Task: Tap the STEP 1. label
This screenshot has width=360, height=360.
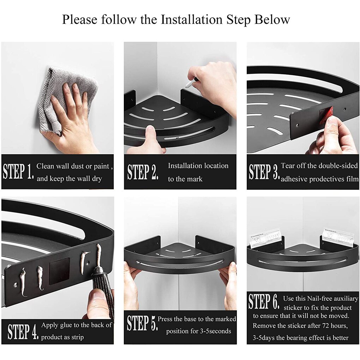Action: pyautogui.click(x=18, y=172)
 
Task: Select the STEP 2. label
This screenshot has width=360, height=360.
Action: pyautogui.click(x=143, y=172)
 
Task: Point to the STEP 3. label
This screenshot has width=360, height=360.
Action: pyautogui.click(x=264, y=172)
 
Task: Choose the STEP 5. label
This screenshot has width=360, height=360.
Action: pyautogui.click(x=142, y=323)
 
